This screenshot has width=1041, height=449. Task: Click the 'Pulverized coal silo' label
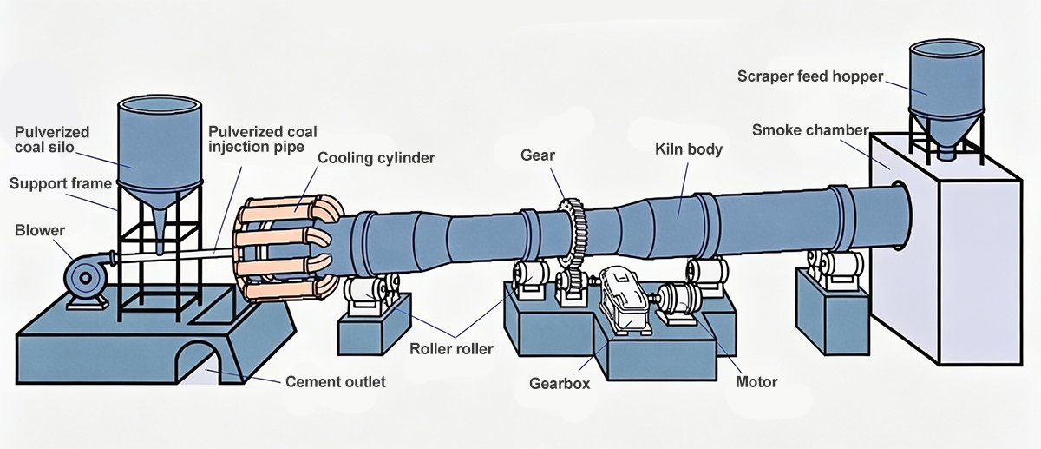point(52,139)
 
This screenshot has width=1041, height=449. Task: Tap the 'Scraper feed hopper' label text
point(810,76)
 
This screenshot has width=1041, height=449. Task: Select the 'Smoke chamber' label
point(810,130)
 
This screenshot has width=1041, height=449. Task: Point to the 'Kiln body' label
point(688,149)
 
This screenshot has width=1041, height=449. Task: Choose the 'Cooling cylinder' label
point(376,157)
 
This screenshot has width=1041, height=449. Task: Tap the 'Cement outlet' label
point(336,381)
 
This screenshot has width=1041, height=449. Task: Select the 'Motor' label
point(756,381)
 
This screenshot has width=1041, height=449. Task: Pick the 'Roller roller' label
point(451,349)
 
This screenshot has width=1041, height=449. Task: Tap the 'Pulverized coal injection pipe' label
point(262,139)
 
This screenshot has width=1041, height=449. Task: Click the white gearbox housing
point(622,300)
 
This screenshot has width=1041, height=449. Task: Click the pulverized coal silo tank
point(160,148)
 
